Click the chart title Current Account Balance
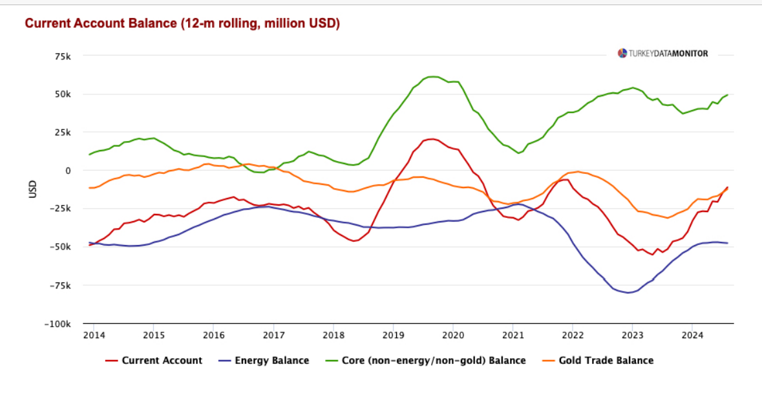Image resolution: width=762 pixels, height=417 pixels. point(182,23)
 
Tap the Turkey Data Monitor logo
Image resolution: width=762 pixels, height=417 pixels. point(662,54)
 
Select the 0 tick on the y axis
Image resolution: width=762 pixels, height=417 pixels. point(67,171)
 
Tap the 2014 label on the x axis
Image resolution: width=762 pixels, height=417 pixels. point(94,335)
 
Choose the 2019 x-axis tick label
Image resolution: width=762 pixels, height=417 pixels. point(393,335)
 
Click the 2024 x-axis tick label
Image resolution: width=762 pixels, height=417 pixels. point(692,335)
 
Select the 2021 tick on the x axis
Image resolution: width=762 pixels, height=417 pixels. point(513,335)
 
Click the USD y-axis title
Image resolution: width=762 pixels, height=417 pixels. point(32,189)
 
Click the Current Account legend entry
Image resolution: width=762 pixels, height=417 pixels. point(154,361)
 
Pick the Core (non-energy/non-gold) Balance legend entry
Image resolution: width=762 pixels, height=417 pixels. point(427,361)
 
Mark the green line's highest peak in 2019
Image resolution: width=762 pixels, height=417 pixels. point(433,76)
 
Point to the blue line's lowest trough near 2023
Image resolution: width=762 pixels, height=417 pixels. point(627,293)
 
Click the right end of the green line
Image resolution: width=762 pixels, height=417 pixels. point(728,95)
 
